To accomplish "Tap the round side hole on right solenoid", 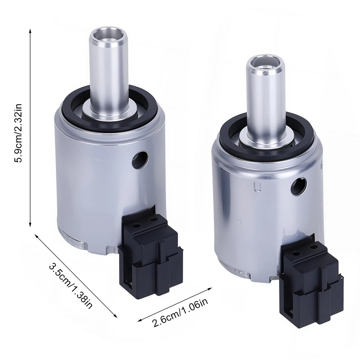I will (298, 186).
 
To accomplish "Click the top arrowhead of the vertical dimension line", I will (31, 32).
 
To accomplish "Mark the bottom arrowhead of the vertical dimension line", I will (31, 225).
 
